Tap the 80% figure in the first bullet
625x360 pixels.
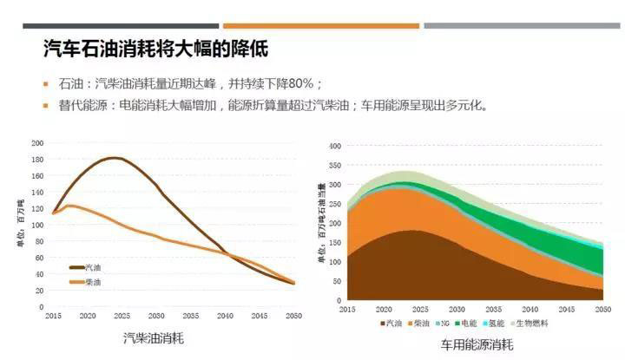point(304,85)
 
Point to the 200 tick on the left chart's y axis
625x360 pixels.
point(37,143)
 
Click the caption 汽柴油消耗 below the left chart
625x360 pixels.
point(153,337)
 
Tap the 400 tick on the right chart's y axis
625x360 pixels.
point(336,145)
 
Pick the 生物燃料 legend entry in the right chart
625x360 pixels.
point(544,323)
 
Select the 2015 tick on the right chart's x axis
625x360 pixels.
point(347,309)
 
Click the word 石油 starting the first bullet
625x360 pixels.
point(69,85)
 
